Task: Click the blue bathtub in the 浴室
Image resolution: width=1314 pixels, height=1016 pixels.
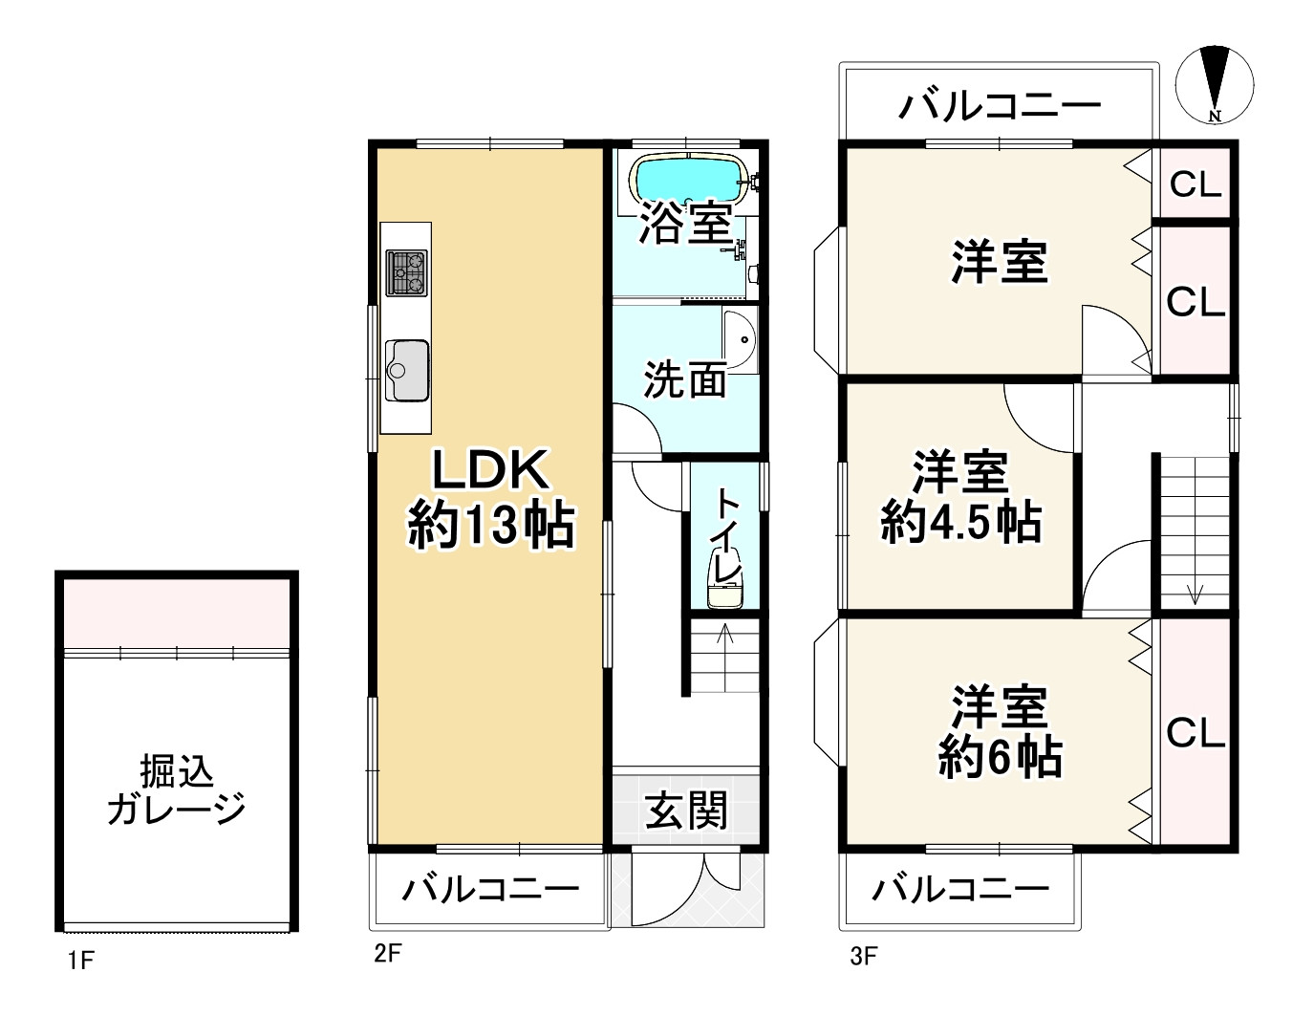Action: pyautogui.click(x=687, y=177)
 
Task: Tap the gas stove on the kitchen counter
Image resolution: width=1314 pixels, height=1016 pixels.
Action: pyautogui.click(x=406, y=272)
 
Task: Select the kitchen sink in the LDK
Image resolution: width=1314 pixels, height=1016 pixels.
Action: pyautogui.click(x=406, y=370)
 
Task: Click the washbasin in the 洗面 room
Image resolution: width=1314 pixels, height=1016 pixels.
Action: pyautogui.click(x=740, y=339)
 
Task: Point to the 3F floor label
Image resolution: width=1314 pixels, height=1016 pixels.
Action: pyautogui.click(x=863, y=956)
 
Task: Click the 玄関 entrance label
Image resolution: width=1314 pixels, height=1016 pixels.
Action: pyautogui.click(x=686, y=811)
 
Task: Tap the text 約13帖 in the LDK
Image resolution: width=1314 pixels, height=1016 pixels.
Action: pyautogui.click(x=491, y=525)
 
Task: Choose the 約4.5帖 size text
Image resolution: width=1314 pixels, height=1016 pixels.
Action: pyautogui.click(x=960, y=522)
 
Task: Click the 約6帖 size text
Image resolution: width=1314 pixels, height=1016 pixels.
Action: pyautogui.click(x=1000, y=758)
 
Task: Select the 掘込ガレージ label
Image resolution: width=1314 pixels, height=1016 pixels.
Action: pyautogui.click(x=177, y=789)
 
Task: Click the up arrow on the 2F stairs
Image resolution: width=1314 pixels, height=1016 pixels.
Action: pyautogui.click(x=723, y=634)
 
